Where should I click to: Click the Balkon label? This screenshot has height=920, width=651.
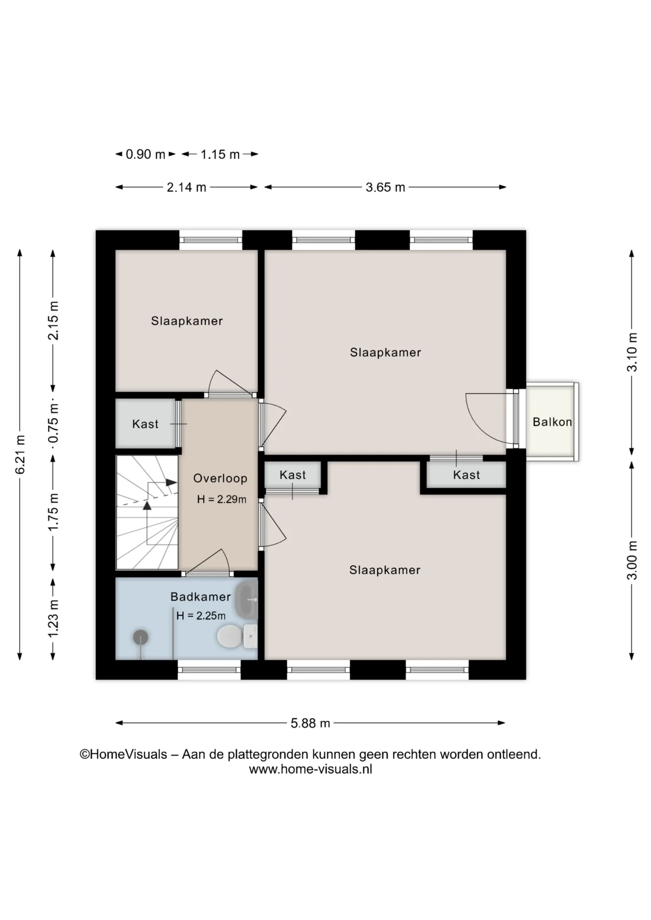tap(552, 422)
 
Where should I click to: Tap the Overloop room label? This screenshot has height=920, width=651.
tap(220, 478)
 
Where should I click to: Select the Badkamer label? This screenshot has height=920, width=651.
tap(200, 597)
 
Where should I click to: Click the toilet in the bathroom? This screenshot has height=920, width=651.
tap(237, 636)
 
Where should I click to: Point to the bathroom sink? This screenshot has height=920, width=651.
tap(247, 599)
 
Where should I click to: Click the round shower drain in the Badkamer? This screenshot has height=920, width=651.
tap(140, 637)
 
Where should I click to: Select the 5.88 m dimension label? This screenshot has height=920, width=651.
tap(310, 723)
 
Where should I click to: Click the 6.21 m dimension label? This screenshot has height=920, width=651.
tap(20, 454)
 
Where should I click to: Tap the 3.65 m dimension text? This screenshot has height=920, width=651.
tap(385, 187)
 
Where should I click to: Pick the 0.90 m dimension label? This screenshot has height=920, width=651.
tap(145, 154)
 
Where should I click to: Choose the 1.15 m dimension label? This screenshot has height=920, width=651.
tap(220, 154)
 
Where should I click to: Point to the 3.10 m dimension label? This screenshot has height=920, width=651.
tap(632, 352)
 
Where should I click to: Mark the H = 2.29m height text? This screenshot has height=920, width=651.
tap(221, 499)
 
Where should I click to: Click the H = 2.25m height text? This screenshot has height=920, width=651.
tap(201, 616)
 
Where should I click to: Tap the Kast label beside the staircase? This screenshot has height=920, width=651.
tap(145, 424)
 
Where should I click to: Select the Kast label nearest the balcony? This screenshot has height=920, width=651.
tap(466, 475)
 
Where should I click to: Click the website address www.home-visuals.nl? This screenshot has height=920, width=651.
tap(311, 770)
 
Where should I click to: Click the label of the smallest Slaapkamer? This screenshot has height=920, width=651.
tap(187, 321)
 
